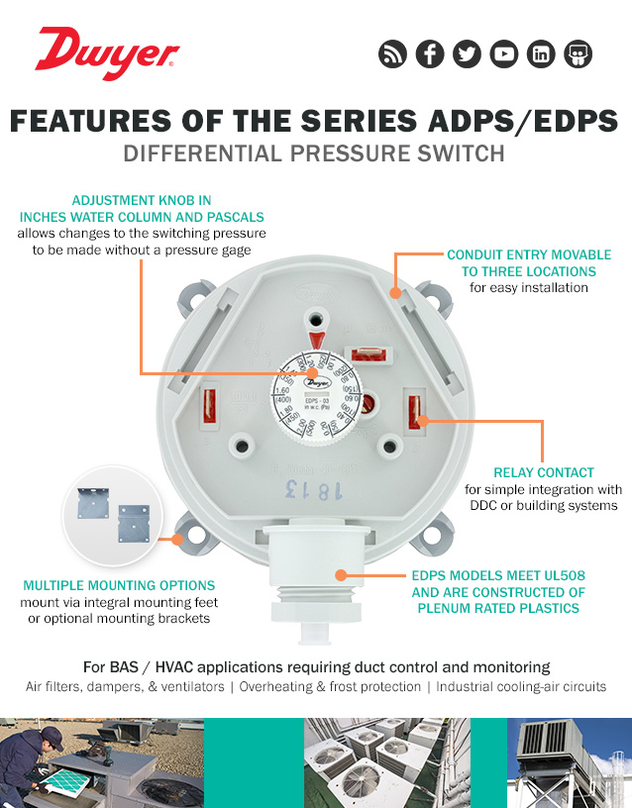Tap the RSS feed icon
pyautogui.click(x=393, y=54)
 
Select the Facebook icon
pyautogui.click(x=430, y=54)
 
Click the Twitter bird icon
pyautogui.click(x=467, y=54)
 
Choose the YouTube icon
pyautogui.click(x=503, y=54)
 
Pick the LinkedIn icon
pyautogui.click(x=540, y=54)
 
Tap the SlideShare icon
pyautogui.click(x=578, y=54)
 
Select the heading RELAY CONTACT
pyautogui.click(x=544, y=472)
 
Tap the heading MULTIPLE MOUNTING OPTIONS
pyautogui.click(x=119, y=585)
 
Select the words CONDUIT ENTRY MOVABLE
pyautogui.click(x=529, y=254)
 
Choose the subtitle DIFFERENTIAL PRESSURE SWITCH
pyautogui.click(x=314, y=154)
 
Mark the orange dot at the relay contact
pyautogui.click(x=424, y=420)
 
